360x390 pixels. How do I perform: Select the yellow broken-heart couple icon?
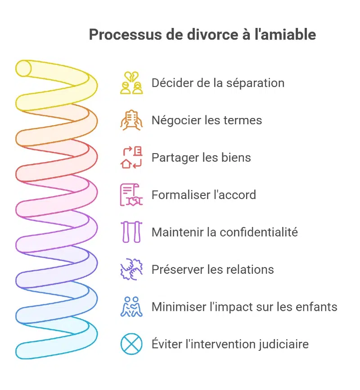tap(131, 83)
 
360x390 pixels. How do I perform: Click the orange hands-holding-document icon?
tap(131, 120)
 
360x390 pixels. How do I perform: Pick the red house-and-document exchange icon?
tap(131, 158)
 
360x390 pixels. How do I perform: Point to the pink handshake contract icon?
tap(131, 195)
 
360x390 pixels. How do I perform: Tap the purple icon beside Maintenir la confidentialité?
tap(131, 232)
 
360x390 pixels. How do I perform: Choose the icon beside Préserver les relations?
tap(131, 270)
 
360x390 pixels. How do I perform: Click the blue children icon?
tap(131, 307)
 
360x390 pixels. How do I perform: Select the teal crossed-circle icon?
tap(131, 345)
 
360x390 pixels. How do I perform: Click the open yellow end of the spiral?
tap(23, 68)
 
